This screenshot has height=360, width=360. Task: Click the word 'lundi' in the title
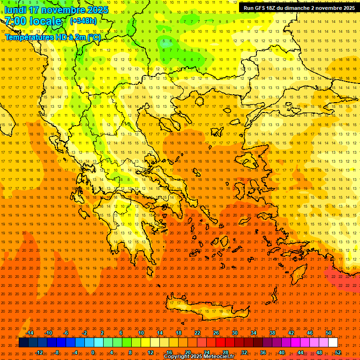coord(15,10)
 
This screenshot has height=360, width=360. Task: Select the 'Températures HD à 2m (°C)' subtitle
coord(52,37)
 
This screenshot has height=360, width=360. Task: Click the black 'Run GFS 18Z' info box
coord(299,8)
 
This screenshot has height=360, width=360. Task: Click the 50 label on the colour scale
coord(328,333)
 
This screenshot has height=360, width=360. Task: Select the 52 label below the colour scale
coord(338,352)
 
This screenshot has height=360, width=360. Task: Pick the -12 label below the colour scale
coord(39,352)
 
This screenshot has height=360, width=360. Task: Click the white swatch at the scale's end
coord(333,343)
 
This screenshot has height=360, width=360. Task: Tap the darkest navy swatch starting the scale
coord(23,343)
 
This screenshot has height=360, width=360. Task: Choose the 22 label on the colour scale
coord(197,333)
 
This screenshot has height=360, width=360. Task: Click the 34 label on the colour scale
coord(253,333)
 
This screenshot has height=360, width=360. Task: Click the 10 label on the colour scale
coord(141,333)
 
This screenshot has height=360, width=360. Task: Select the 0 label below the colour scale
coord(93,352)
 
